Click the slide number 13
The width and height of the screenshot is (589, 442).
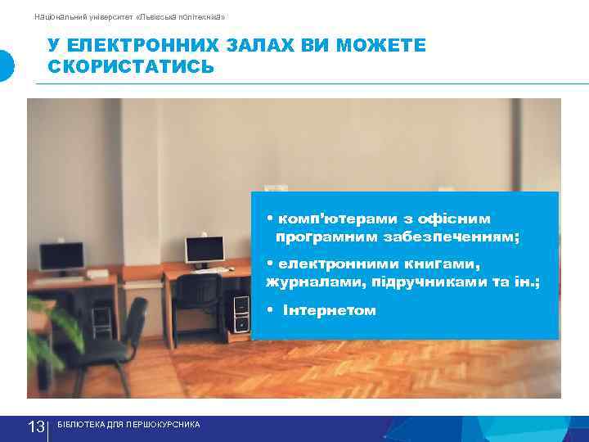pyautogui.click(x=36, y=426)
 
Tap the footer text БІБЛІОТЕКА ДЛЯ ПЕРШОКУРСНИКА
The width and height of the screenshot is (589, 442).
pyautogui.click(x=128, y=425)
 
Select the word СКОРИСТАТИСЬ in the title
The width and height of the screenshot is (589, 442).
pyautogui.click(x=131, y=66)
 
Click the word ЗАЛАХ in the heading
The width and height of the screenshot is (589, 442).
pyautogui.click(x=265, y=46)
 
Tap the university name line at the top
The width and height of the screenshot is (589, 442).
pyautogui.click(x=129, y=16)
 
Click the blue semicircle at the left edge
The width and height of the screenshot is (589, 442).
pyautogui.click(x=6, y=65)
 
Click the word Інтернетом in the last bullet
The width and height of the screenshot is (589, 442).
pyautogui.click(x=330, y=310)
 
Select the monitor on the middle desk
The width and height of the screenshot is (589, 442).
pyautogui.click(x=204, y=250)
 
